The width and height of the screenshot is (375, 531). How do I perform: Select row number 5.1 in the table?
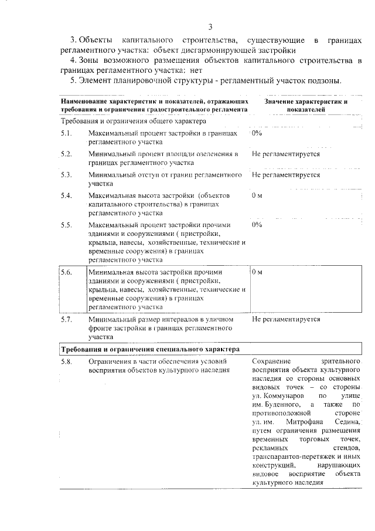click(x=66, y=134)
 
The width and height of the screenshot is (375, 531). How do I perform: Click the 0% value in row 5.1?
click(x=257, y=134)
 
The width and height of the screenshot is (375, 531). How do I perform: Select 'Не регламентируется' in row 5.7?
click(x=286, y=320)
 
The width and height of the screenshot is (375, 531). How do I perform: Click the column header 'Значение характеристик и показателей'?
click(x=306, y=106)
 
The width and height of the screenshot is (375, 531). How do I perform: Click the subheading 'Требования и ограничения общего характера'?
click(x=134, y=121)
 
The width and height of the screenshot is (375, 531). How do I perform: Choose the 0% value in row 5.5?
click(x=257, y=225)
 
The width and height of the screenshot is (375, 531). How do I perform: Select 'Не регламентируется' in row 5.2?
click(x=286, y=154)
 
